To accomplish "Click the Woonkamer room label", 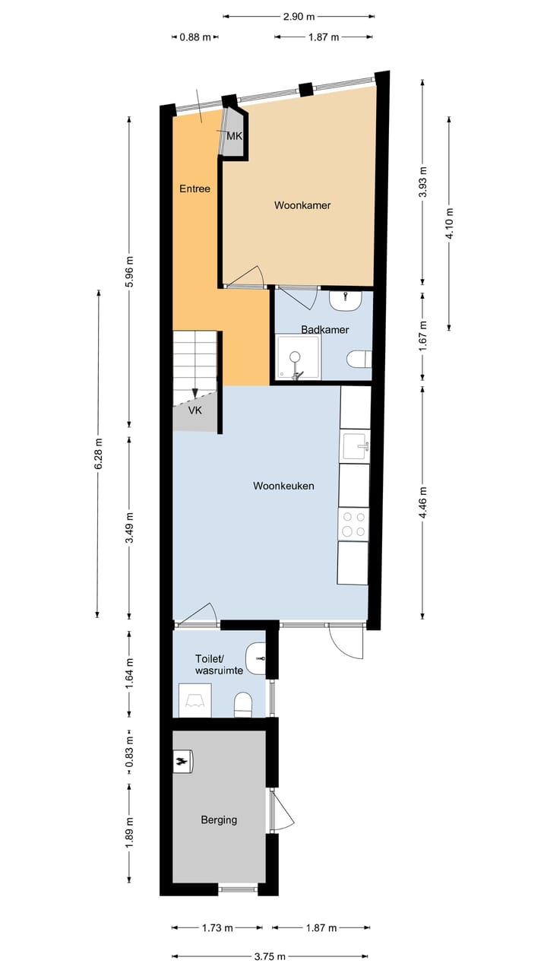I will (x=302, y=205).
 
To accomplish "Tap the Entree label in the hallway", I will (x=194, y=189).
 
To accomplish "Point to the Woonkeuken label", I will (x=283, y=486).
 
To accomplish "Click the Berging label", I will (x=219, y=819).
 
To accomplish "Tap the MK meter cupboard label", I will (x=234, y=137).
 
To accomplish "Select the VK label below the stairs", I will (x=195, y=410).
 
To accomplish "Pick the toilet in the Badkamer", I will (x=358, y=359).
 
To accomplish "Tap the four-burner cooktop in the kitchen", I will (x=353, y=524).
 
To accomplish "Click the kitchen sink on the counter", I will (x=355, y=446).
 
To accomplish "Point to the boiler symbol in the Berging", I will (x=183, y=761).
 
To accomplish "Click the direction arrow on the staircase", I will (x=195, y=391).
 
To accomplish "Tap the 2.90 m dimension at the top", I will (x=299, y=16).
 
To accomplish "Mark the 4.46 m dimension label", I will (x=423, y=502).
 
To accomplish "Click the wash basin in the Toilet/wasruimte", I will (x=257, y=654).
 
